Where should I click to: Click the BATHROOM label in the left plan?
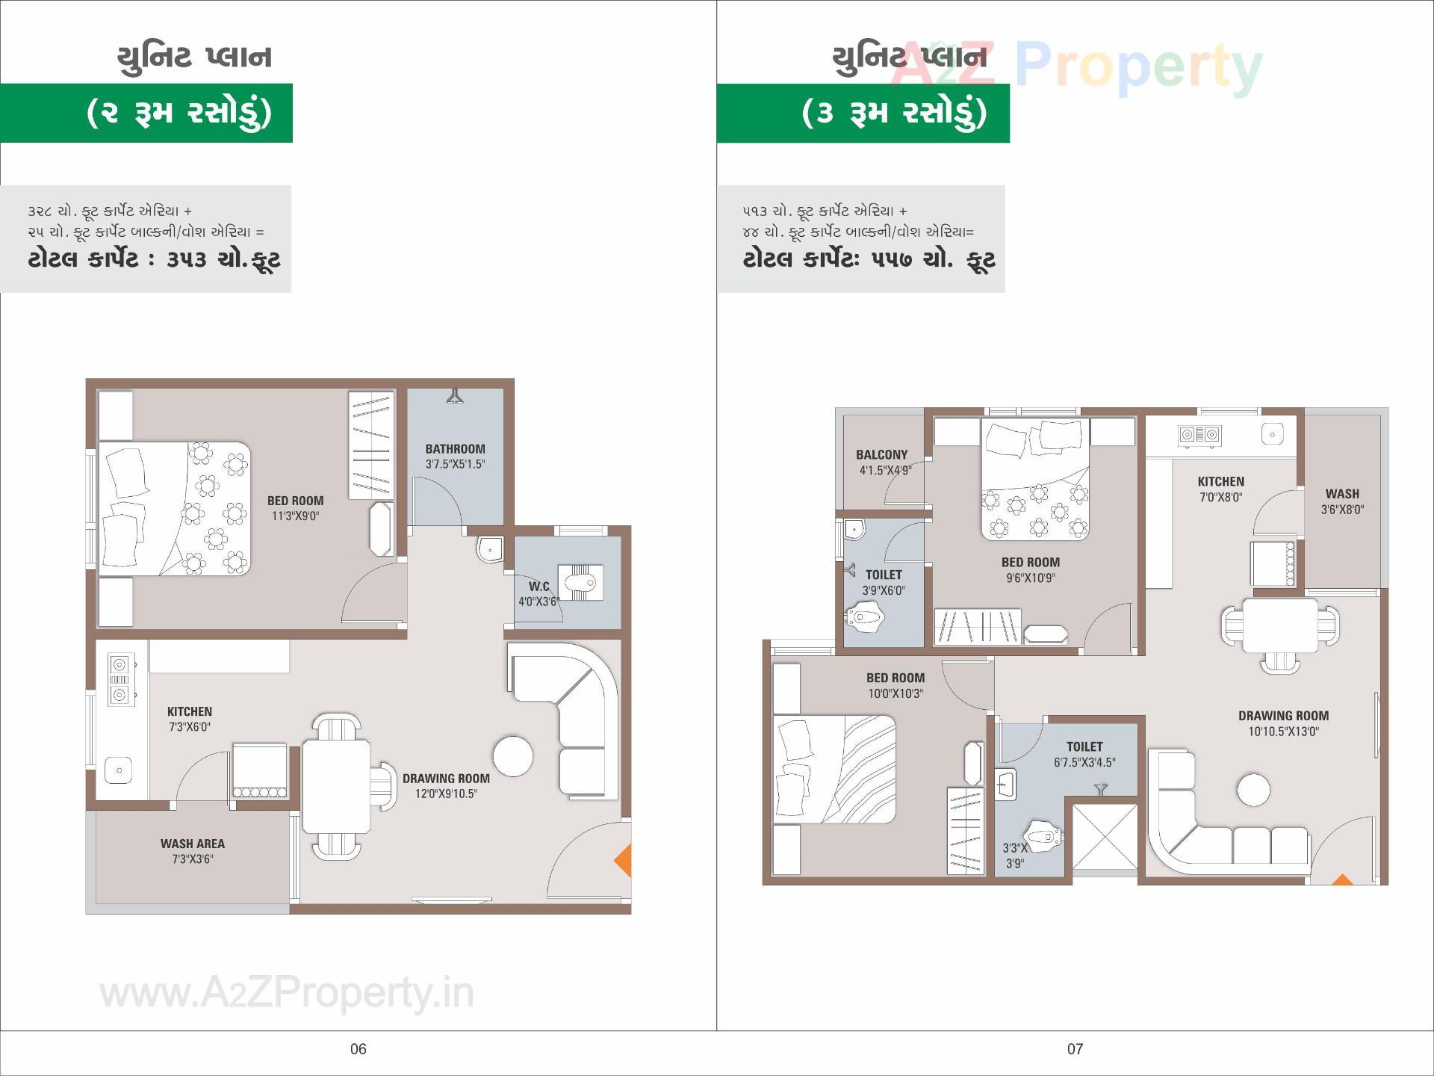tap(455, 449)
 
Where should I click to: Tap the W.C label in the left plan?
tap(539, 587)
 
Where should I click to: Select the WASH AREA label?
tap(192, 844)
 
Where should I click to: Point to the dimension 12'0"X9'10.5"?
tap(446, 794)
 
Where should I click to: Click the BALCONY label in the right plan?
tap(881, 454)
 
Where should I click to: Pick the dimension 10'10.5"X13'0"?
tap(1283, 732)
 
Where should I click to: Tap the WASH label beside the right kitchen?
tap(1342, 494)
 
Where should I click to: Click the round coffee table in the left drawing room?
tap(513, 756)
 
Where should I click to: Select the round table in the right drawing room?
tap(1253, 790)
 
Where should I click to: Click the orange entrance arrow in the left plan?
tap(624, 860)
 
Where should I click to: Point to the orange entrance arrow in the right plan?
tap(1342, 879)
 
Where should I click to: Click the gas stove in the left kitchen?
tap(119, 679)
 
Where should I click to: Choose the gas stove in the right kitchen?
tap(1199, 434)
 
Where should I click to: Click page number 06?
tap(358, 1049)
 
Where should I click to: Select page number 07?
tap(1075, 1049)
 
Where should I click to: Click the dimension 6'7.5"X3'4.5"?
tap(1084, 762)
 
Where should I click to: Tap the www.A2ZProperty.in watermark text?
tap(287, 994)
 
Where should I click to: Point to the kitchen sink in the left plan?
tap(119, 770)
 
